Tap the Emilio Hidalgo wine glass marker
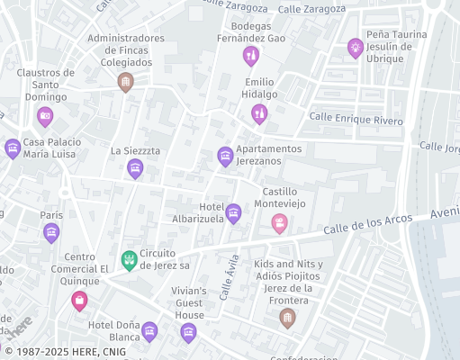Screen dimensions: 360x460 point(259,113)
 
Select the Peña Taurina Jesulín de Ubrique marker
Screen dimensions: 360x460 point(356,48)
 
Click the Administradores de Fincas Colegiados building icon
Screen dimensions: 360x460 point(125,83)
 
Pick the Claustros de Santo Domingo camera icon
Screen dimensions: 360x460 point(45,116)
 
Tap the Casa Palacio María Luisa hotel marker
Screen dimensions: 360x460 point(13,148)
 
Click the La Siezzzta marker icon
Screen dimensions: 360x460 point(135,168)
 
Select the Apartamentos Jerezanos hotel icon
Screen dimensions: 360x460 point(225,157)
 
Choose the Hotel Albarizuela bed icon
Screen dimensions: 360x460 point(233,213)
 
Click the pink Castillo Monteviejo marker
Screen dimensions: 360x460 point(280,223)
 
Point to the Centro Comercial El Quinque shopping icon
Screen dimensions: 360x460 point(79,301)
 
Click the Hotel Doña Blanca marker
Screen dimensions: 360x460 point(149,331)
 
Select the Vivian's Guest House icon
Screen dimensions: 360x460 point(188,333)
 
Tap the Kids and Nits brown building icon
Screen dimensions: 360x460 point(287,318)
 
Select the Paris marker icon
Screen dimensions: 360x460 point(51,233)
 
